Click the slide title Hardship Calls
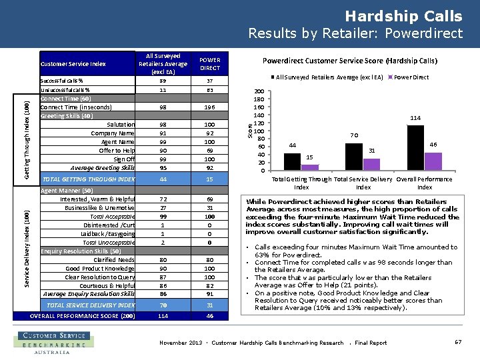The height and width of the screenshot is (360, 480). tap(403, 16)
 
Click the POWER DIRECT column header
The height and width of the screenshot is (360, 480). tap(210, 64)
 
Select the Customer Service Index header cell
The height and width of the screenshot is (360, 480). tap(73, 64)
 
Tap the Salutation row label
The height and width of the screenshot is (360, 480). tap(121, 125)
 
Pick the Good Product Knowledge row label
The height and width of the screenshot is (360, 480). tap(100, 269)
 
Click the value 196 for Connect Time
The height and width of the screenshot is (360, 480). tap(210, 107)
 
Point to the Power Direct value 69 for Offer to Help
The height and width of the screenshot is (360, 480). tap(210, 151)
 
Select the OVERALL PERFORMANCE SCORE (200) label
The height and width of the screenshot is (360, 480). tap(83, 316)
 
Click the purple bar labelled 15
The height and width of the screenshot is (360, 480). tap(309, 167)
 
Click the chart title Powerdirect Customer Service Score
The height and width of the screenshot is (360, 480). tap(349, 61)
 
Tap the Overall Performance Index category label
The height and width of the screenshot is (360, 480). tap(424, 183)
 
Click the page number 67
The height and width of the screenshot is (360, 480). tap(458, 342)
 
